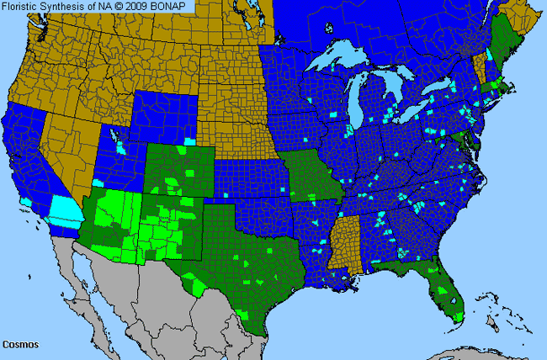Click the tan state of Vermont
(481, 68)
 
